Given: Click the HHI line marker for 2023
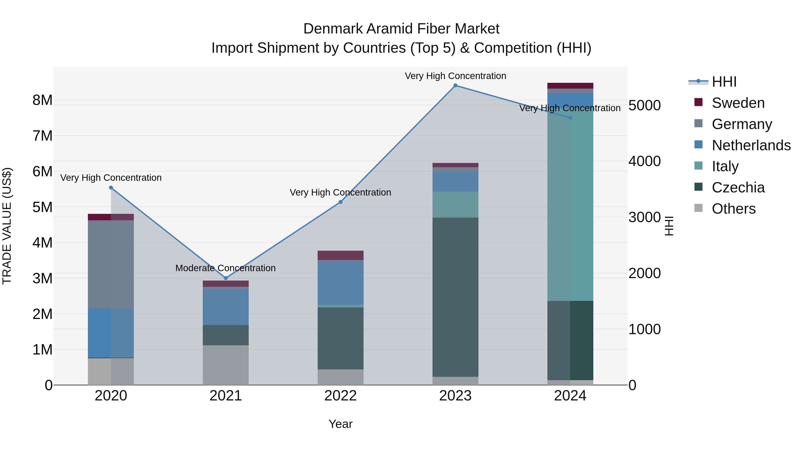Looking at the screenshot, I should pos(455,85).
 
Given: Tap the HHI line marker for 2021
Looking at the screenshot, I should pos(226,278).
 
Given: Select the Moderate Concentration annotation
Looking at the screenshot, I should pos(225,268).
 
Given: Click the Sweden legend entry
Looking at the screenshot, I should pos(738,103).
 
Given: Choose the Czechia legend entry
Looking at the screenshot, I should pos(738,187).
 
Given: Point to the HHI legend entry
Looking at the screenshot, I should pos(724,82).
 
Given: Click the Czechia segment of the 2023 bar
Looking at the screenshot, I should pos(455,297).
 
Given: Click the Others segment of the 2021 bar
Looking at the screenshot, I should pos(226,365).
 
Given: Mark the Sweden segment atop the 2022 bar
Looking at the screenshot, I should pos(340,255).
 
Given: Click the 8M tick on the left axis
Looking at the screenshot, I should pos(42,100).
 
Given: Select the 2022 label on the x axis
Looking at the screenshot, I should pos(340,396).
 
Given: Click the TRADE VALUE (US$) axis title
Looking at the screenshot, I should pos(7,226).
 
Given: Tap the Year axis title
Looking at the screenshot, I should pos(340,424).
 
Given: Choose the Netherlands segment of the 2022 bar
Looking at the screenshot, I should pos(340,283).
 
